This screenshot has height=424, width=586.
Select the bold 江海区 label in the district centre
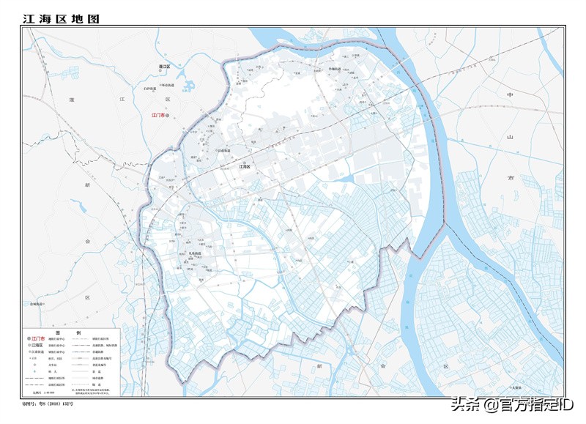245,167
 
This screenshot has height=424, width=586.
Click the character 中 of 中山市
511,96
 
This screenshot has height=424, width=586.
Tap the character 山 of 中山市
511,137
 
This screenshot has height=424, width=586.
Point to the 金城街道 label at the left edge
34,303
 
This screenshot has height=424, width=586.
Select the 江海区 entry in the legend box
37,346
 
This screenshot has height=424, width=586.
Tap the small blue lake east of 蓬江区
188,86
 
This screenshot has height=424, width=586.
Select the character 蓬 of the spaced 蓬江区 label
73,99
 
